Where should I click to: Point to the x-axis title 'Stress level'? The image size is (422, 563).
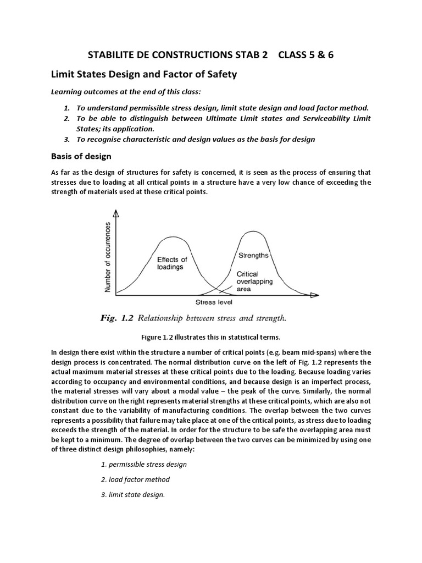[214, 302]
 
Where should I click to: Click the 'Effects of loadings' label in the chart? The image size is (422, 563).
[171, 263]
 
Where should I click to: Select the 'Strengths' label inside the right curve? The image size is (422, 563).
[253, 256]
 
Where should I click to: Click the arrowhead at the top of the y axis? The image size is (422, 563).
[115, 213]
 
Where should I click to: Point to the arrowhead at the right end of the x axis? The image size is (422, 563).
[314, 295]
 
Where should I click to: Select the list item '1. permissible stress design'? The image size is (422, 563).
[143, 464]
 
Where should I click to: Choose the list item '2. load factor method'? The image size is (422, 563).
[135, 479]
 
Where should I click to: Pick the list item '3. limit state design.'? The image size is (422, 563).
[132, 494]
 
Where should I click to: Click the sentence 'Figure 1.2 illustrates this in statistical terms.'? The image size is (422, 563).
[211, 336]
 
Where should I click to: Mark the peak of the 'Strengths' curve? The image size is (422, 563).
[252, 231]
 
